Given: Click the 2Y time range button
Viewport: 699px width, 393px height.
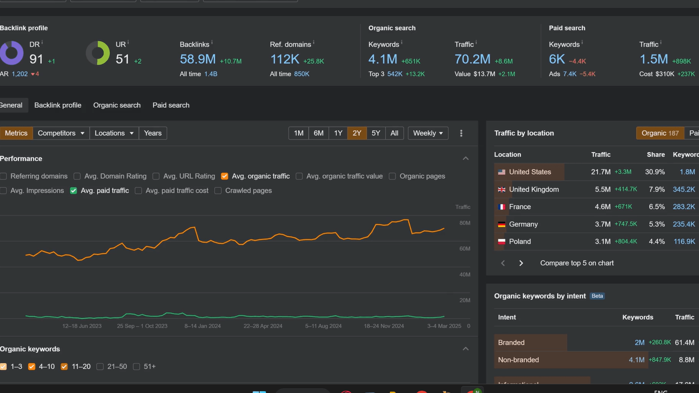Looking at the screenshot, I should coord(357,133).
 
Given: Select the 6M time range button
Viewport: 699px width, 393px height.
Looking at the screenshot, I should coord(318,133).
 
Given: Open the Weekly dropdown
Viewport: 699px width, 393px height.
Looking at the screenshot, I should coord(427,133).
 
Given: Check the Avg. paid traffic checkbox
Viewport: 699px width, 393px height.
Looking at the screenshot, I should coord(73,190).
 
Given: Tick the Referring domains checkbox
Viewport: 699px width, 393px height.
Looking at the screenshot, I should coord(4,176).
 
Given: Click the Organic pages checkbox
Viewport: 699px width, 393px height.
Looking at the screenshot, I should coord(392,176).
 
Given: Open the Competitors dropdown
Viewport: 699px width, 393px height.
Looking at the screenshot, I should coord(61,133).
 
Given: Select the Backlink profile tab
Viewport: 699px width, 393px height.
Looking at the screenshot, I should coord(58,105).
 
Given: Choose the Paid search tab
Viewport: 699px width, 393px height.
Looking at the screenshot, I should coord(171,105).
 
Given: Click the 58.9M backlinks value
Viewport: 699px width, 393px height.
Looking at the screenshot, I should coord(198,59).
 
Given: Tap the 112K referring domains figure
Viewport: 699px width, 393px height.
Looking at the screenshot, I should coord(284,59).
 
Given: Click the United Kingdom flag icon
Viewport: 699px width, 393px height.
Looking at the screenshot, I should coord(501,189).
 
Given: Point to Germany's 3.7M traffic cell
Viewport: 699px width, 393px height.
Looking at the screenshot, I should coord(603,224).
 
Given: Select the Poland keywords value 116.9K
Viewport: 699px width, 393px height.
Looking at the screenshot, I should coord(684,242).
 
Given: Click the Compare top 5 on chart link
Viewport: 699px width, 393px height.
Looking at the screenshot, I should coord(577,263).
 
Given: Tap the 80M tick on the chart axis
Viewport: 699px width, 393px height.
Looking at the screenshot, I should coord(465,223).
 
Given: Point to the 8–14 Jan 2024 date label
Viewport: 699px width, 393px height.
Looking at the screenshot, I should coord(202,326).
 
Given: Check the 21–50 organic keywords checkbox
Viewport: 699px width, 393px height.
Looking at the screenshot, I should coord(100,366).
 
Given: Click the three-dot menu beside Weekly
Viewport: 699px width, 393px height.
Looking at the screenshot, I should coord(461,133).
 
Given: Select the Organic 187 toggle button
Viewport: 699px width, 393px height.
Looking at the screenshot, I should coord(660,133).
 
